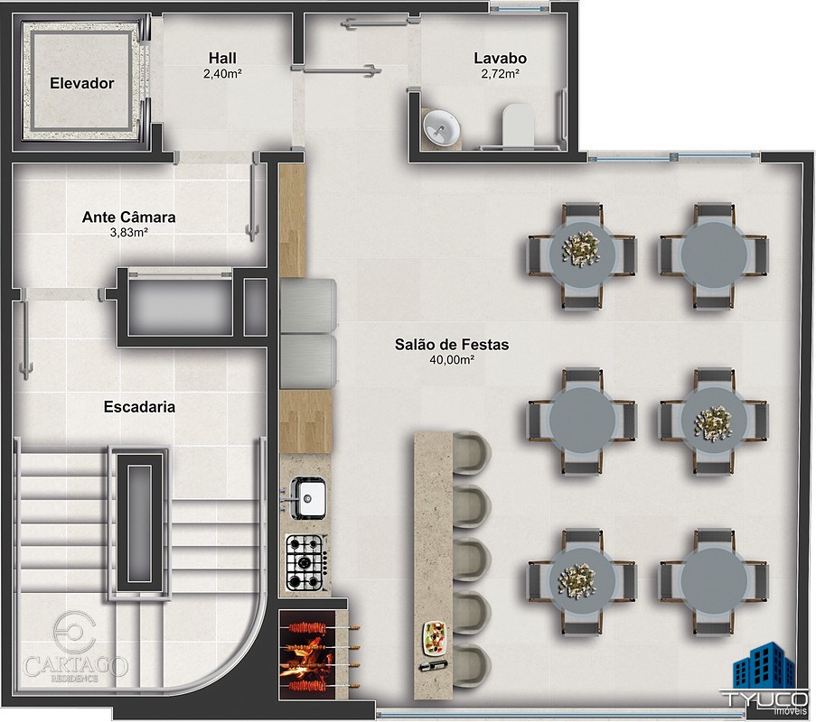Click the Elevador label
[81, 83]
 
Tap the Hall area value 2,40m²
[222, 74]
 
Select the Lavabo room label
[500, 59]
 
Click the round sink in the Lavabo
[441, 127]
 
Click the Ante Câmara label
[128, 217]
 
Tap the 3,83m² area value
[128, 232]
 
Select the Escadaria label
[139, 406]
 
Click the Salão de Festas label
[452, 344]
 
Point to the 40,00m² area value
[452, 360]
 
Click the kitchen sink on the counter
[307, 498]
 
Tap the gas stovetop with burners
[307, 563]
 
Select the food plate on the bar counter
[435, 638]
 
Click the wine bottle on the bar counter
[433, 665]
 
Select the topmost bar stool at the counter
[472, 453]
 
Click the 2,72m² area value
[500, 74]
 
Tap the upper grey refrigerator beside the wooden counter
[308, 305]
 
